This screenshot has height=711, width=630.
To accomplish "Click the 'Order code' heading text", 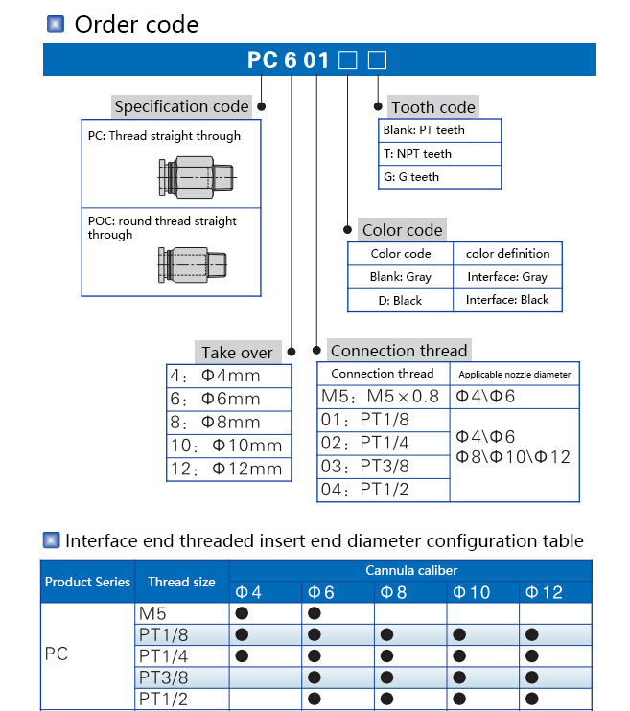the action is (136, 25).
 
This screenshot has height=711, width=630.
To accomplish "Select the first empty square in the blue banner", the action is (348, 59).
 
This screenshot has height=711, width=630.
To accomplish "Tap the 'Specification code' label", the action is (181, 106).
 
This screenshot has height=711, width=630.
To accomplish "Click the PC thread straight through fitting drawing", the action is (197, 178).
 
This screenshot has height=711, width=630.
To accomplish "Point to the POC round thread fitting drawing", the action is (193, 264).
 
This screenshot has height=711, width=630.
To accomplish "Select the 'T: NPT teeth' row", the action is (439, 154).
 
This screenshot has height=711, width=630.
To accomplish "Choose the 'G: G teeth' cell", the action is (439, 177).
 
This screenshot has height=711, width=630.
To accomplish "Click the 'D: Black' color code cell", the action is (400, 301).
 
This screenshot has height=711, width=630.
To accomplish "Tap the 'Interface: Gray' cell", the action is (507, 277).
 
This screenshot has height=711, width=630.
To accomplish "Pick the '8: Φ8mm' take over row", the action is (229, 423).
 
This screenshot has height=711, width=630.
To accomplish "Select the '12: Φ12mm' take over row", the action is (229, 469).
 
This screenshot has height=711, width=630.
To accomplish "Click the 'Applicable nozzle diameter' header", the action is (515, 375).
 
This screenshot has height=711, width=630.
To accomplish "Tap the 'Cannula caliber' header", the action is (411, 570).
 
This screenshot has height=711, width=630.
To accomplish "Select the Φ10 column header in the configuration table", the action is (471, 592).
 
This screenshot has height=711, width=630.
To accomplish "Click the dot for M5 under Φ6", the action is (315, 613).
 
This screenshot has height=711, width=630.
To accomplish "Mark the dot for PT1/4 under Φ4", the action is (242, 655).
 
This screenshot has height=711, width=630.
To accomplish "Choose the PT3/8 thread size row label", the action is (163, 677).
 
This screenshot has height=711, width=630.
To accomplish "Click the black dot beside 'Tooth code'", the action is (378, 106).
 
